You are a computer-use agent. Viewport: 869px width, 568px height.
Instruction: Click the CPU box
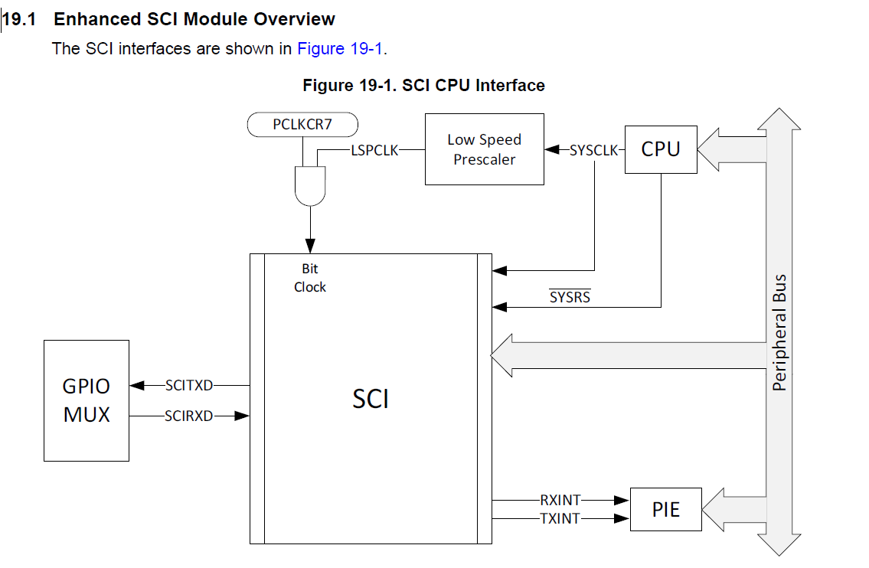tap(661, 149)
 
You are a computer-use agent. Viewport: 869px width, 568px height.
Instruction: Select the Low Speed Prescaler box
tap(484, 149)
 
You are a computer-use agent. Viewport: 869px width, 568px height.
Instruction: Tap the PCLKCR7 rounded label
tap(302, 124)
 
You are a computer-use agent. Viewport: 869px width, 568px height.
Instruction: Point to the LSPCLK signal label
tap(374, 151)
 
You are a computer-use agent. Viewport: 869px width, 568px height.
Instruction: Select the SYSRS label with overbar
tap(570, 297)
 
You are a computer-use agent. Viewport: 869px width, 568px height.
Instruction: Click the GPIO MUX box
tap(86, 400)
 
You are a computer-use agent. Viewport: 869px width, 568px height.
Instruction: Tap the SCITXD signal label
tap(188, 386)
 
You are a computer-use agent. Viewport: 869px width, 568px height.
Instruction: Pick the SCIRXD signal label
tap(188, 416)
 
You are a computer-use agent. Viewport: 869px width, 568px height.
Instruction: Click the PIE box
tap(665, 509)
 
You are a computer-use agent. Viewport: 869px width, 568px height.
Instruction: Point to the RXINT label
tap(560, 501)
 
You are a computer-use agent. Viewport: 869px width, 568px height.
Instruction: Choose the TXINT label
tap(560, 518)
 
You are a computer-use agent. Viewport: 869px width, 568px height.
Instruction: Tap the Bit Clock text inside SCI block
tap(310, 278)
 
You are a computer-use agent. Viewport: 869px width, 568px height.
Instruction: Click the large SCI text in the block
tap(371, 399)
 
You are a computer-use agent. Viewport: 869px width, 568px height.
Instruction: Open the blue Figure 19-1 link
tap(341, 49)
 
